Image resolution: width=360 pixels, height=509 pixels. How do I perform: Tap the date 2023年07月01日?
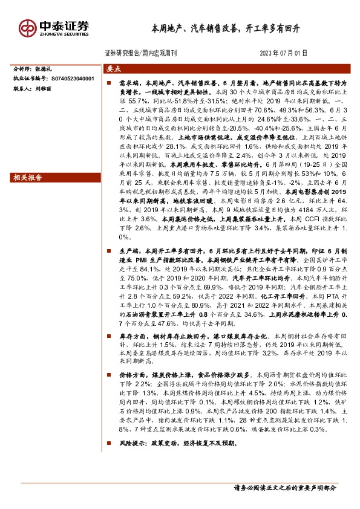(284, 53)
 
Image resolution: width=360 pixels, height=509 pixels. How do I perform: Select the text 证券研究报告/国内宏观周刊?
(140, 53)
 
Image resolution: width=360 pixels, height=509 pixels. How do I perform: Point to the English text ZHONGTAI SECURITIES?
(64, 34)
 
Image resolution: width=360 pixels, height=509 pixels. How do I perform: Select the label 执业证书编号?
(30, 79)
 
